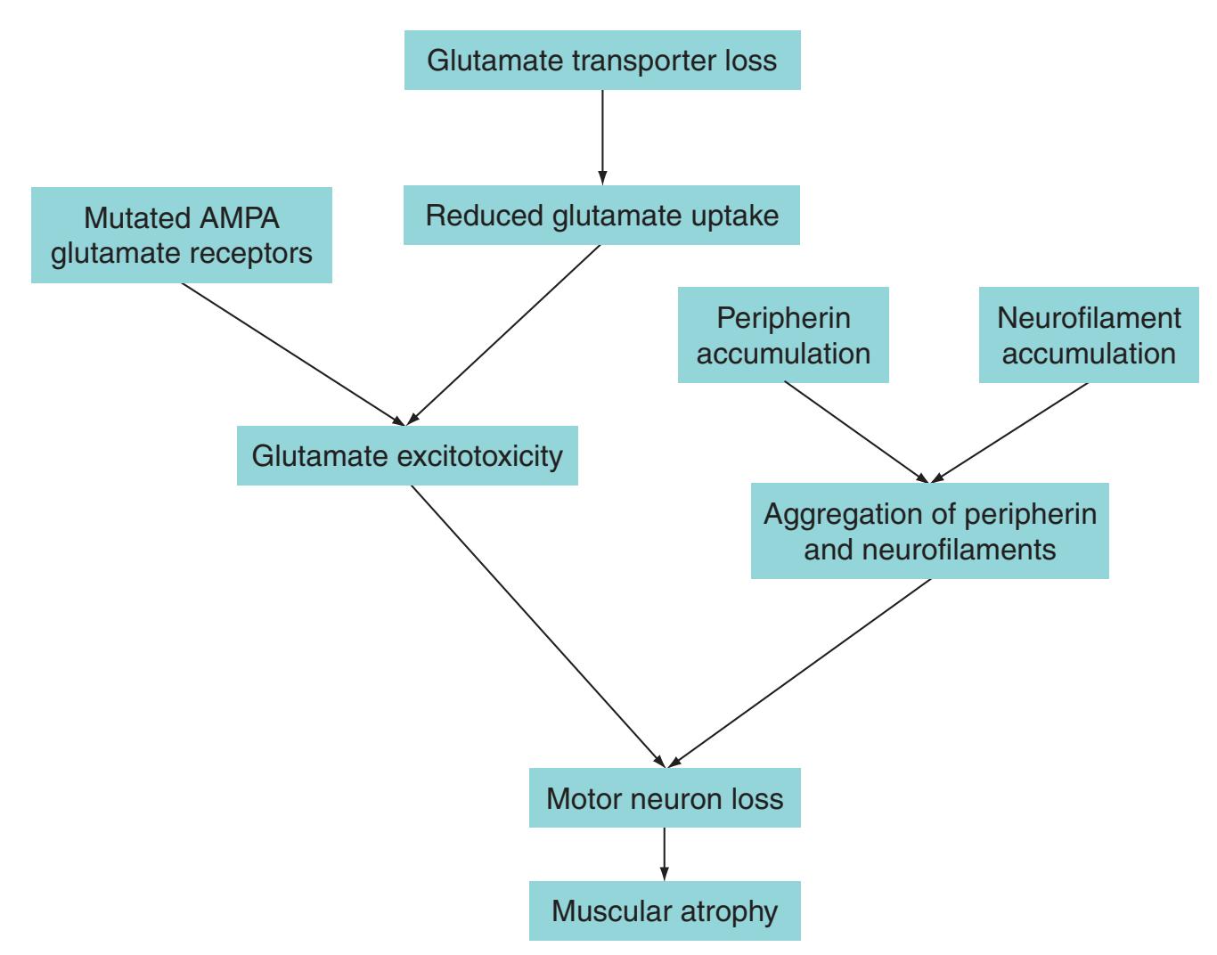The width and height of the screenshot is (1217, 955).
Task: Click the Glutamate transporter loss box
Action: (602, 61)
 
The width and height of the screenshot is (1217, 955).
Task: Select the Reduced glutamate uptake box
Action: (601, 216)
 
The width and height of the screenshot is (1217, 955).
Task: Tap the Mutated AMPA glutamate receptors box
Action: (182, 235)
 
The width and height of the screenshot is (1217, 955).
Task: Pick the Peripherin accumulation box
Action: (783, 335)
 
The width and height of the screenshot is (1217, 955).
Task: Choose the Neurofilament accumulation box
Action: (1089, 335)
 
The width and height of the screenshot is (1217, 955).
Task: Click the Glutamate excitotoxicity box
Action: (407, 456)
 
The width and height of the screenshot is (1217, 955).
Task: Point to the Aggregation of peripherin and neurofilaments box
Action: (929, 531)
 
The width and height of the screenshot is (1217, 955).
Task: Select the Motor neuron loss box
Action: (665, 798)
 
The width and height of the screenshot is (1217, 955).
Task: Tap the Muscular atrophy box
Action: (665, 910)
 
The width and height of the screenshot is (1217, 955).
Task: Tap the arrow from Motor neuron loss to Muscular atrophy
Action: (664, 853)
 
